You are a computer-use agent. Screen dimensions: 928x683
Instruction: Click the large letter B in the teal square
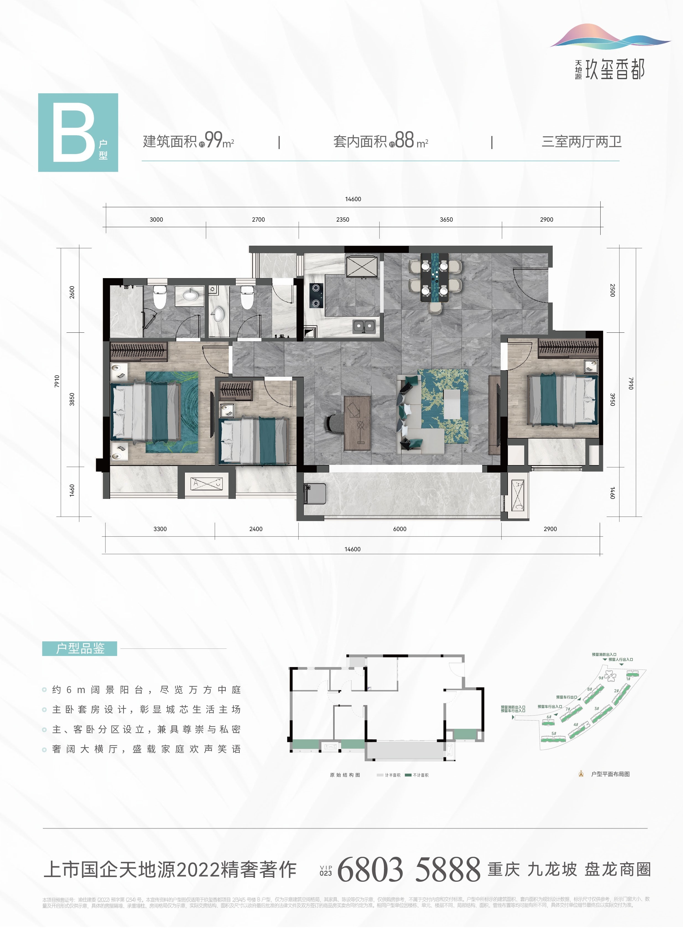click(x=74, y=132)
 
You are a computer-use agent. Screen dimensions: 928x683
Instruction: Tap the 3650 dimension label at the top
click(x=446, y=219)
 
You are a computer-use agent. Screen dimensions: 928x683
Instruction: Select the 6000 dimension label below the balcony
click(x=399, y=529)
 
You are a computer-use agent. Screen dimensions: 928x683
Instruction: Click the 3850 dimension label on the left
click(x=72, y=399)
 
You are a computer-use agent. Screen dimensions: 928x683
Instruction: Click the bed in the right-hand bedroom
click(x=562, y=399)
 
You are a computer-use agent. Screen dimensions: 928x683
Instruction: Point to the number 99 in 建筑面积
click(x=214, y=140)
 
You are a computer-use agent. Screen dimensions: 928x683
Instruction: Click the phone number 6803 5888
click(x=409, y=869)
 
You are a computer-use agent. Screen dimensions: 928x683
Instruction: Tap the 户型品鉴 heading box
click(x=80, y=648)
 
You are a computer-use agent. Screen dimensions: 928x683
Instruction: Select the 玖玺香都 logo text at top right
click(x=614, y=70)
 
